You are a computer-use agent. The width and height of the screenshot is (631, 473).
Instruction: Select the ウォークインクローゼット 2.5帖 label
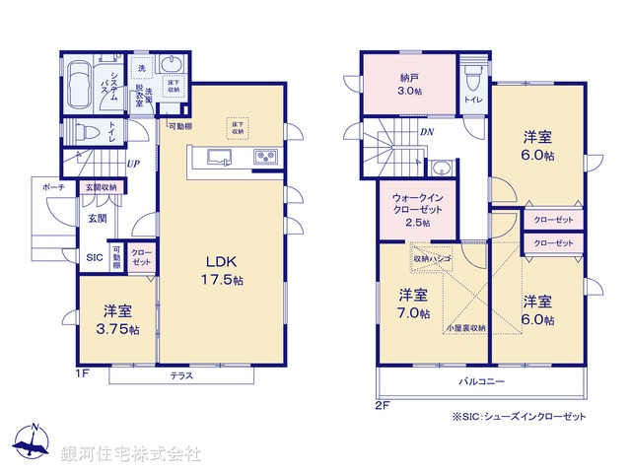pos(417,208)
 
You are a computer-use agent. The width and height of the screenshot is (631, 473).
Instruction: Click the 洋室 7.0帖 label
pos(414,304)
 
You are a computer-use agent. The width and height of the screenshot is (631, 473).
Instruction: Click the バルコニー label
pos(480,380)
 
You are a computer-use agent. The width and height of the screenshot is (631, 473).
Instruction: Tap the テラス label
pos(181,375)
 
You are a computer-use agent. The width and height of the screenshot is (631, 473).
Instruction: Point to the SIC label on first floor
pos(95,257)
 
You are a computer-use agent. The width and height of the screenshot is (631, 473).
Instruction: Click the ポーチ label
pos(53,187)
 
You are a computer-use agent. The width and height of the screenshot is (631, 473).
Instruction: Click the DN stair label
pos(427,132)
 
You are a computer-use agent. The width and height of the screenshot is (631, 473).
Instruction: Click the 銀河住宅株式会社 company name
pos(132,454)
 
